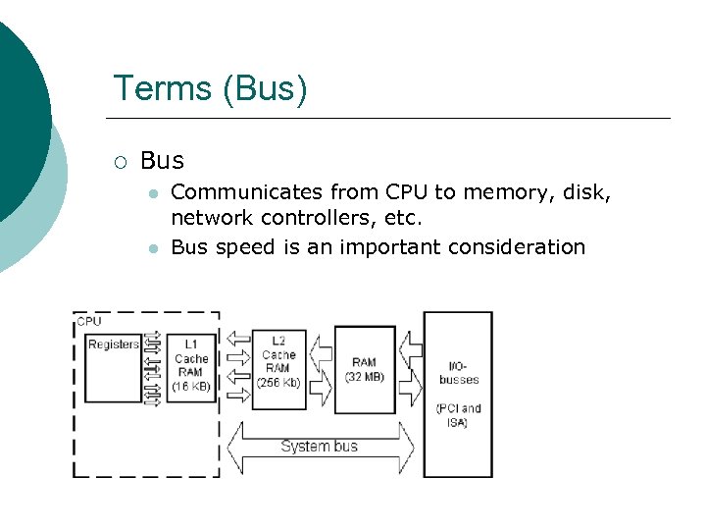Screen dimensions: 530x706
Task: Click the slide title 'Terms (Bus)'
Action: pos(210,88)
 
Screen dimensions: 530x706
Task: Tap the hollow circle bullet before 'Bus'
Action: pos(120,161)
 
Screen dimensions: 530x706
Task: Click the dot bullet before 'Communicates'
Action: pos(153,194)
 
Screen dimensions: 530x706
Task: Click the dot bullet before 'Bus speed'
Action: pos(153,248)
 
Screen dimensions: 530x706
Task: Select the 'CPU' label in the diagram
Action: pos(89,321)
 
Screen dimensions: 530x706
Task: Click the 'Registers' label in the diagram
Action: pos(114,344)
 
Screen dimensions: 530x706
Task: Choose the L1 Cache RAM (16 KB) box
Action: pos(191,365)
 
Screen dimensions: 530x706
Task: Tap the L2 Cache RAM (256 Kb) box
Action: pos(279,362)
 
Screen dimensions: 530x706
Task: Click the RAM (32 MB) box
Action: pos(365,369)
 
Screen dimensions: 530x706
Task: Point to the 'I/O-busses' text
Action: pos(458,372)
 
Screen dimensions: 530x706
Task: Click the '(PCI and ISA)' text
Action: pos(458,415)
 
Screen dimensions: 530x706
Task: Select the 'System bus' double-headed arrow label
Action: pos(320,447)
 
